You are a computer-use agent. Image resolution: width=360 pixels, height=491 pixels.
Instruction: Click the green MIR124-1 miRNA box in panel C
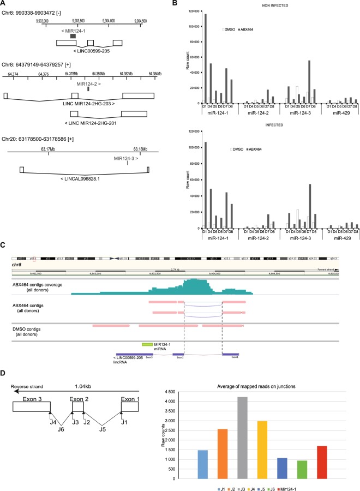146,345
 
